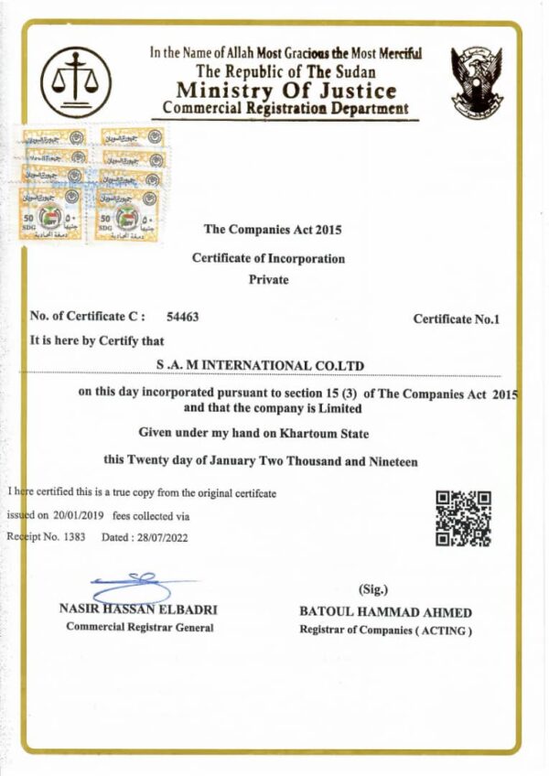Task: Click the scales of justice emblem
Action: [76, 82]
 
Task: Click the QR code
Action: [463, 519]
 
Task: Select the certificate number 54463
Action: [183, 317]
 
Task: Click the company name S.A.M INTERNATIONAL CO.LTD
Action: [261, 366]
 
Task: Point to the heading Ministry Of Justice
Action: [286, 91]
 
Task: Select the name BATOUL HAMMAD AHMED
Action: [385, 612]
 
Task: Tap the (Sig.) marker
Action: [373, 589]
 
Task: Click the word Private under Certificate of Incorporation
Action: [268, 279]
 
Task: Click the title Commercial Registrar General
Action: [139, 628]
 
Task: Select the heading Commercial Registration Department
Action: [285, 108]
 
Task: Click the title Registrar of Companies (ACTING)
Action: [385, 630]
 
